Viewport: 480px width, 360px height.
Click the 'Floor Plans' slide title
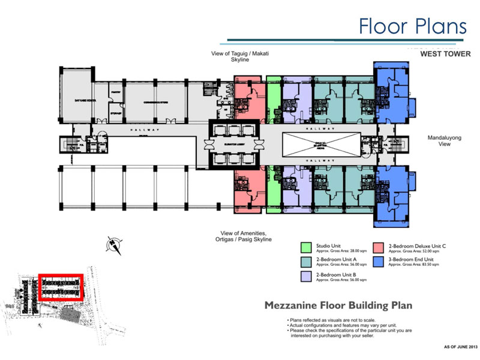413,26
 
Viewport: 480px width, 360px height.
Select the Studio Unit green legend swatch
306,247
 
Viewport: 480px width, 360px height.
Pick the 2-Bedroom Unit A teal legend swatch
306,262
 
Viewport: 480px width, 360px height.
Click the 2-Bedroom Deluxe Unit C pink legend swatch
379,247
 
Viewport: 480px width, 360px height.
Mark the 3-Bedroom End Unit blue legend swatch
379,262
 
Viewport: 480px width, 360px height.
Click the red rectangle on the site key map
59,287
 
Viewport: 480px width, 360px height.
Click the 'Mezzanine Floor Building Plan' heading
338,305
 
